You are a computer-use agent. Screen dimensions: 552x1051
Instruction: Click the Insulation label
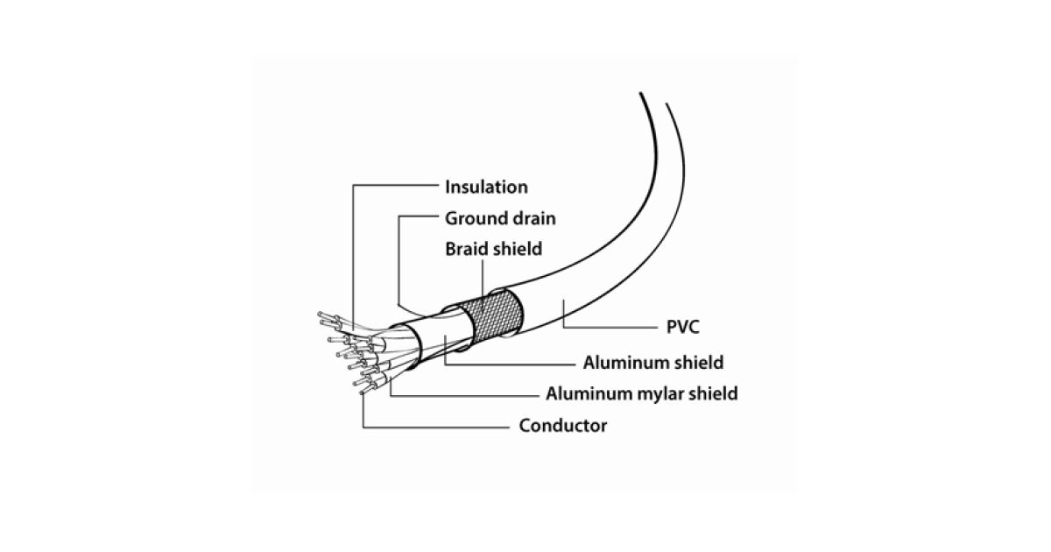(486, 187)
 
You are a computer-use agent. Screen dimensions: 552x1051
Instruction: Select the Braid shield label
(493, 249)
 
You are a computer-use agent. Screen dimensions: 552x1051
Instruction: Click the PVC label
(676, 328)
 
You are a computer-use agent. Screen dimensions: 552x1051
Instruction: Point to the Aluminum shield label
(652, 362)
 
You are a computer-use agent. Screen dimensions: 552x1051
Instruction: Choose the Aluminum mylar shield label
(641, 393)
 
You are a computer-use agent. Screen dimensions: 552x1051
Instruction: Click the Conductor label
(562, 426)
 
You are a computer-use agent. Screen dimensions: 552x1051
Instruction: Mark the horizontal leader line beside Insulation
(394, 187)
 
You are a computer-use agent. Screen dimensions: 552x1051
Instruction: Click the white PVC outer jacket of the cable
(596, 263)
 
